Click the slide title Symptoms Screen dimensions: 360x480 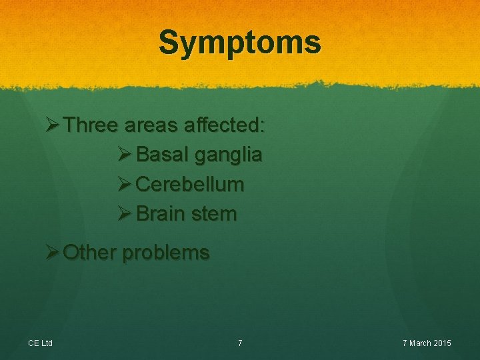tap(240, 43)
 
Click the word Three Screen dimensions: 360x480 tap(93, 125)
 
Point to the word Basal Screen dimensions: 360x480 tap(162, 155)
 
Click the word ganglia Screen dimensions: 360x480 tap(228, 156)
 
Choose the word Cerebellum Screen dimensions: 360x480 tap(189, 184)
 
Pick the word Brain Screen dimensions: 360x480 tap(161, 213)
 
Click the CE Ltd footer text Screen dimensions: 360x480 tap(40, 343)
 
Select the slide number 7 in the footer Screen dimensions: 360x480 tap(240, 343)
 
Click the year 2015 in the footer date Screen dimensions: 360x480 tap(441, 343)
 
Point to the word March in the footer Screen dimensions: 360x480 tap(419, 343)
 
